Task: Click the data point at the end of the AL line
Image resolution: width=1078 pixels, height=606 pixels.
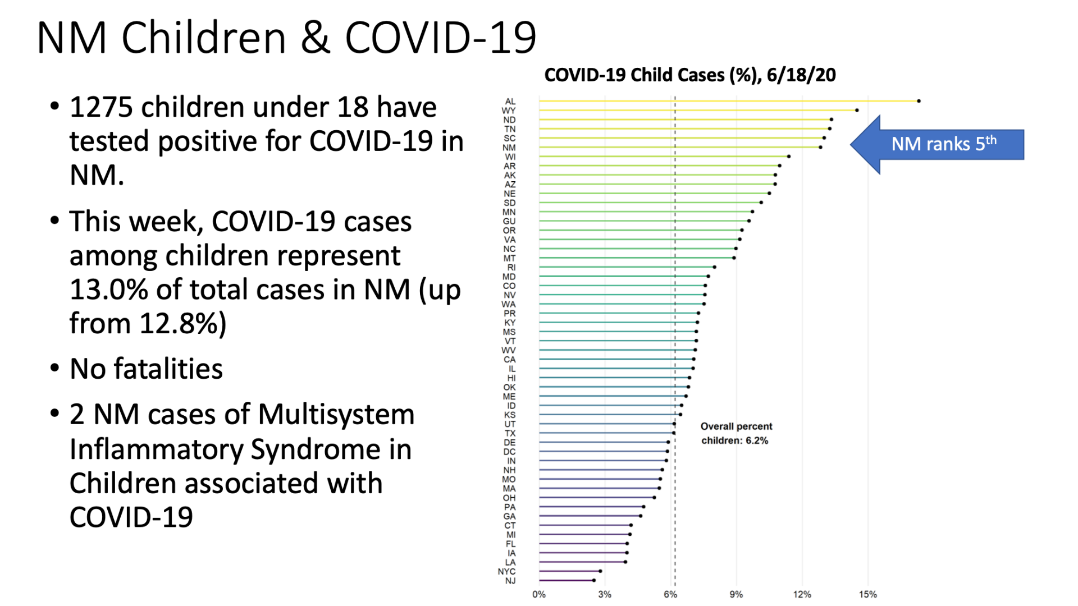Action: pos(919,101)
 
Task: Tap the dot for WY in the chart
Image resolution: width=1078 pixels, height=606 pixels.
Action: pos(857,110)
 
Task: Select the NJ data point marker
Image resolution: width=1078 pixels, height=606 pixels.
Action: pos(593,580)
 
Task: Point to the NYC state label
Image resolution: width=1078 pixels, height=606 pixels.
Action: pos(506,571)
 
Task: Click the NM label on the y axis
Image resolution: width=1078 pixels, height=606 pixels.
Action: pos(509,148)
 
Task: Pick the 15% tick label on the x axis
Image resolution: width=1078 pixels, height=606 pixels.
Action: pos(867,594)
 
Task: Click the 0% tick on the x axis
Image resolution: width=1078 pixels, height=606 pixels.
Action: pos(539,594)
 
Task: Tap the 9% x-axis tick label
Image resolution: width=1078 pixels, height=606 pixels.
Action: pos(736,594)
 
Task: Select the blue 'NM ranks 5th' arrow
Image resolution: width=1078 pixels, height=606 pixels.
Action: pos(937,145)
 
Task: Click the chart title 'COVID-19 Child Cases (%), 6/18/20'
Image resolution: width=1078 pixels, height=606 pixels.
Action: pos(690,75)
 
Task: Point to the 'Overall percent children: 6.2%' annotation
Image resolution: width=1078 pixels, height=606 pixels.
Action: pos(736,433)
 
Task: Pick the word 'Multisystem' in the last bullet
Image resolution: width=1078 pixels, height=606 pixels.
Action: pos(336,415)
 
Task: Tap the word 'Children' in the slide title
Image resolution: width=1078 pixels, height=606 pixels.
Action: pos(204,38)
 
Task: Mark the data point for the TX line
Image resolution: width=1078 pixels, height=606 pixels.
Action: pos(674,433)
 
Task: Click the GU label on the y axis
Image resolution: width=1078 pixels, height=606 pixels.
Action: pos(509,221)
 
